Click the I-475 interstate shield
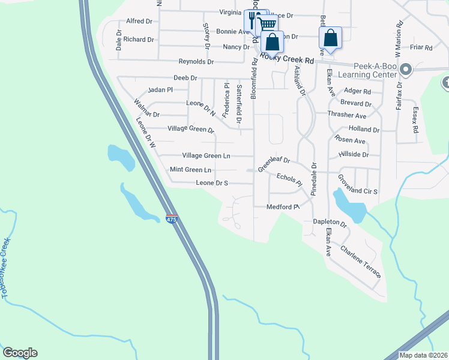coord(172,220)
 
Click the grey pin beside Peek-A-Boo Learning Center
coord(405,70)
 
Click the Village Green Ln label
coord(206,155)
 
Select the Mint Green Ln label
coord(191,170)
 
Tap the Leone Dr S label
coord(212,183)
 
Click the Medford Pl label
coord(283,207)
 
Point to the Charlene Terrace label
coord(360,262)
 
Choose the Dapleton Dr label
coord(330,222)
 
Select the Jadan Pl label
coord(161,89)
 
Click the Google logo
coord(20,353)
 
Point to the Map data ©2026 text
coord(423,355)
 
